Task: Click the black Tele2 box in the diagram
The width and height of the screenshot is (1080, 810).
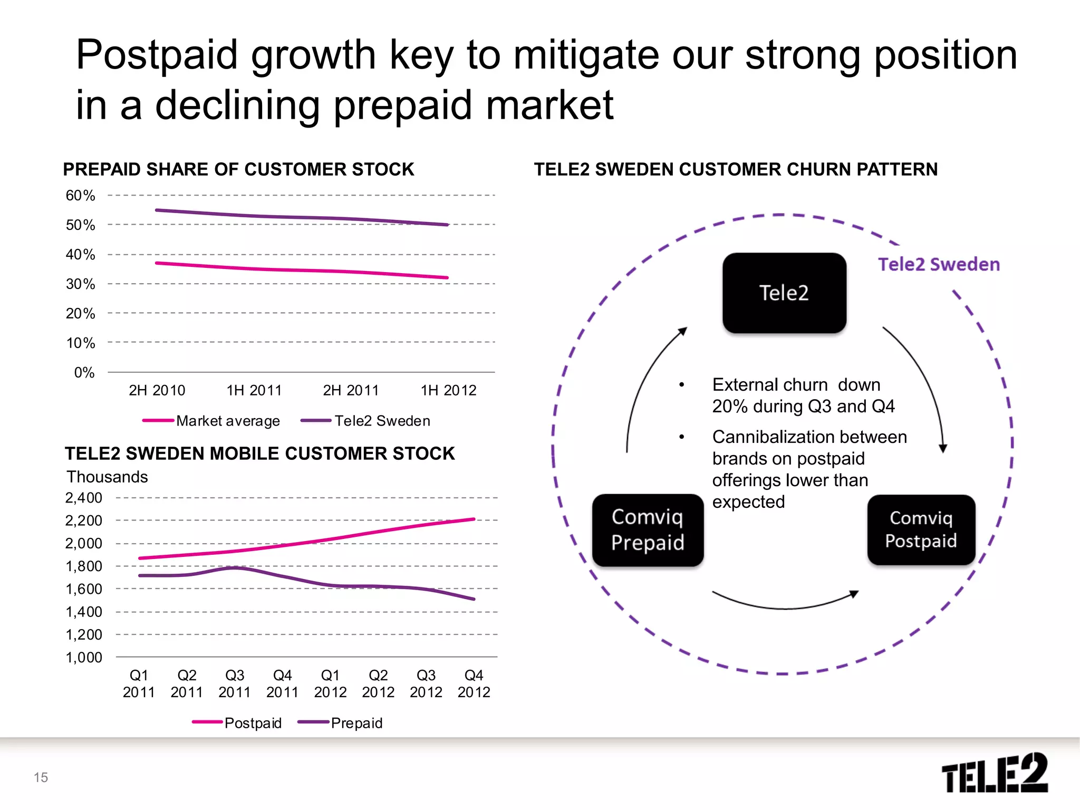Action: pos(784,293)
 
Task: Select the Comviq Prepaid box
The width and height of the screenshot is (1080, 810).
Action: pos(648,530)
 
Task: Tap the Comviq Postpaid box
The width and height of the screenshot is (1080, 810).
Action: pos(921,529)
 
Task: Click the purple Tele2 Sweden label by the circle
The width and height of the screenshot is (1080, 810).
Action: pos(939,264)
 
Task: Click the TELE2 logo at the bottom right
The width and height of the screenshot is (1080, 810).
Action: pos(994,773)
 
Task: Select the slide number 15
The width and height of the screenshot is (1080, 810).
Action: pos(41,777)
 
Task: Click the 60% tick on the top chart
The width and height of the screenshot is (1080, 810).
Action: pos(80,196)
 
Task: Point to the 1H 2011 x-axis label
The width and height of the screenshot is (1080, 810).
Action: pos(254,390)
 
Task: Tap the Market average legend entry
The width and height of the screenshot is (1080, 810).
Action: pos(227,421)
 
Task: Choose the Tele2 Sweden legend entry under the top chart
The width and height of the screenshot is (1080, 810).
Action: pos(382,421)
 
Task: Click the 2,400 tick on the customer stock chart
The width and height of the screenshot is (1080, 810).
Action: pos(83,498)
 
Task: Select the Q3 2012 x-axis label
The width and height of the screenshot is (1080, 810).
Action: pos(426,683)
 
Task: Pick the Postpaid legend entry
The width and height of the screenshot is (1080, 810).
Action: pos(252,723)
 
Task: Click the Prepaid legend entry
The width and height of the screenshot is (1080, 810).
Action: pos(356,723)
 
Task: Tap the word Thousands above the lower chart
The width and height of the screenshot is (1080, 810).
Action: pos(107,477)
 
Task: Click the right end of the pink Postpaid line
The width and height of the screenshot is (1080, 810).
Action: pos(474,519)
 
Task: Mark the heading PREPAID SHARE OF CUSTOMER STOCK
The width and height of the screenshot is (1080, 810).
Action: pos(238,169)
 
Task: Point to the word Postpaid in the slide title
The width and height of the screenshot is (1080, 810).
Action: pos(157,55)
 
